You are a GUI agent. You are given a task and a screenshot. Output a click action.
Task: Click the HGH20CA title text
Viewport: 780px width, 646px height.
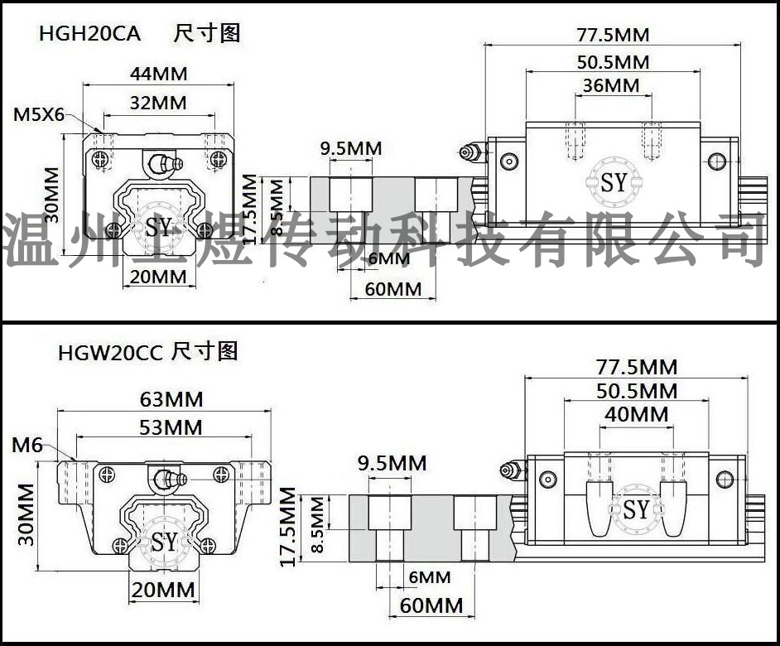pos(90,34)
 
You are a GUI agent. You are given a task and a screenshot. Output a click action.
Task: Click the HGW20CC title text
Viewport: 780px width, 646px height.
pos(110,352)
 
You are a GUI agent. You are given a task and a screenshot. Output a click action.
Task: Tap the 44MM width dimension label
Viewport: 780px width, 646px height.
pos(159,74)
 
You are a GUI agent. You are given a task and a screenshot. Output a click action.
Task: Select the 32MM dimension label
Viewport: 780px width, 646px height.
pos(158,103)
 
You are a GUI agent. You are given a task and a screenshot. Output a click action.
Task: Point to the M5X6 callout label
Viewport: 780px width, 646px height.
pos(39,115)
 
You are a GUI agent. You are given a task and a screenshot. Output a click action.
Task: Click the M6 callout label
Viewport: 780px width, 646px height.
pos(26,445)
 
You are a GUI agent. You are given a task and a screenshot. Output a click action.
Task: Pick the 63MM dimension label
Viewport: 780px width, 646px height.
pos(171,399)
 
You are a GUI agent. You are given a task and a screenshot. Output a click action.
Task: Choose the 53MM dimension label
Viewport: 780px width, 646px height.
pos(171,427)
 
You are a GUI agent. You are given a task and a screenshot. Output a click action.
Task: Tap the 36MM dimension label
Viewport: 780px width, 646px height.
pos(611,85)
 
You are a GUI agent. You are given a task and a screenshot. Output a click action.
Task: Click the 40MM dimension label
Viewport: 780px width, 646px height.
pos(636,414)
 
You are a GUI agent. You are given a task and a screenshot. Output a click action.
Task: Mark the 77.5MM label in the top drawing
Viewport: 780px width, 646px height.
pos(613,35)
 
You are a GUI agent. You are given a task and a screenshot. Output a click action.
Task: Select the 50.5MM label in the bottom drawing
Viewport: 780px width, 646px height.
pos(637,391)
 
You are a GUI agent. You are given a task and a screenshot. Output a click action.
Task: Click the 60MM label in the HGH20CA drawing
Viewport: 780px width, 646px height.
pos(393,289)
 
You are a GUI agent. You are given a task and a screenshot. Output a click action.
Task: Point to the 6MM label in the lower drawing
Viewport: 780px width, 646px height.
pos(430,577)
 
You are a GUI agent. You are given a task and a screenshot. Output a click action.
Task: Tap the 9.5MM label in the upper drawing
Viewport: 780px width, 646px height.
pos(351,148)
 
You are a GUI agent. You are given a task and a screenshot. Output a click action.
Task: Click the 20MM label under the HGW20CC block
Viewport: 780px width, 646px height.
pos(162,590)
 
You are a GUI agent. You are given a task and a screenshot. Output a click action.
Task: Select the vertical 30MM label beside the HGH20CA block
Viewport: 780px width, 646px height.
pos(51,195)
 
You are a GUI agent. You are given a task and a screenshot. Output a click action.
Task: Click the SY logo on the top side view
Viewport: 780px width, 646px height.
pos(614,182)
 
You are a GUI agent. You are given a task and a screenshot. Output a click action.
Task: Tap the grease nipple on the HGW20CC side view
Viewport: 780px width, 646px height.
pos(513,470)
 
